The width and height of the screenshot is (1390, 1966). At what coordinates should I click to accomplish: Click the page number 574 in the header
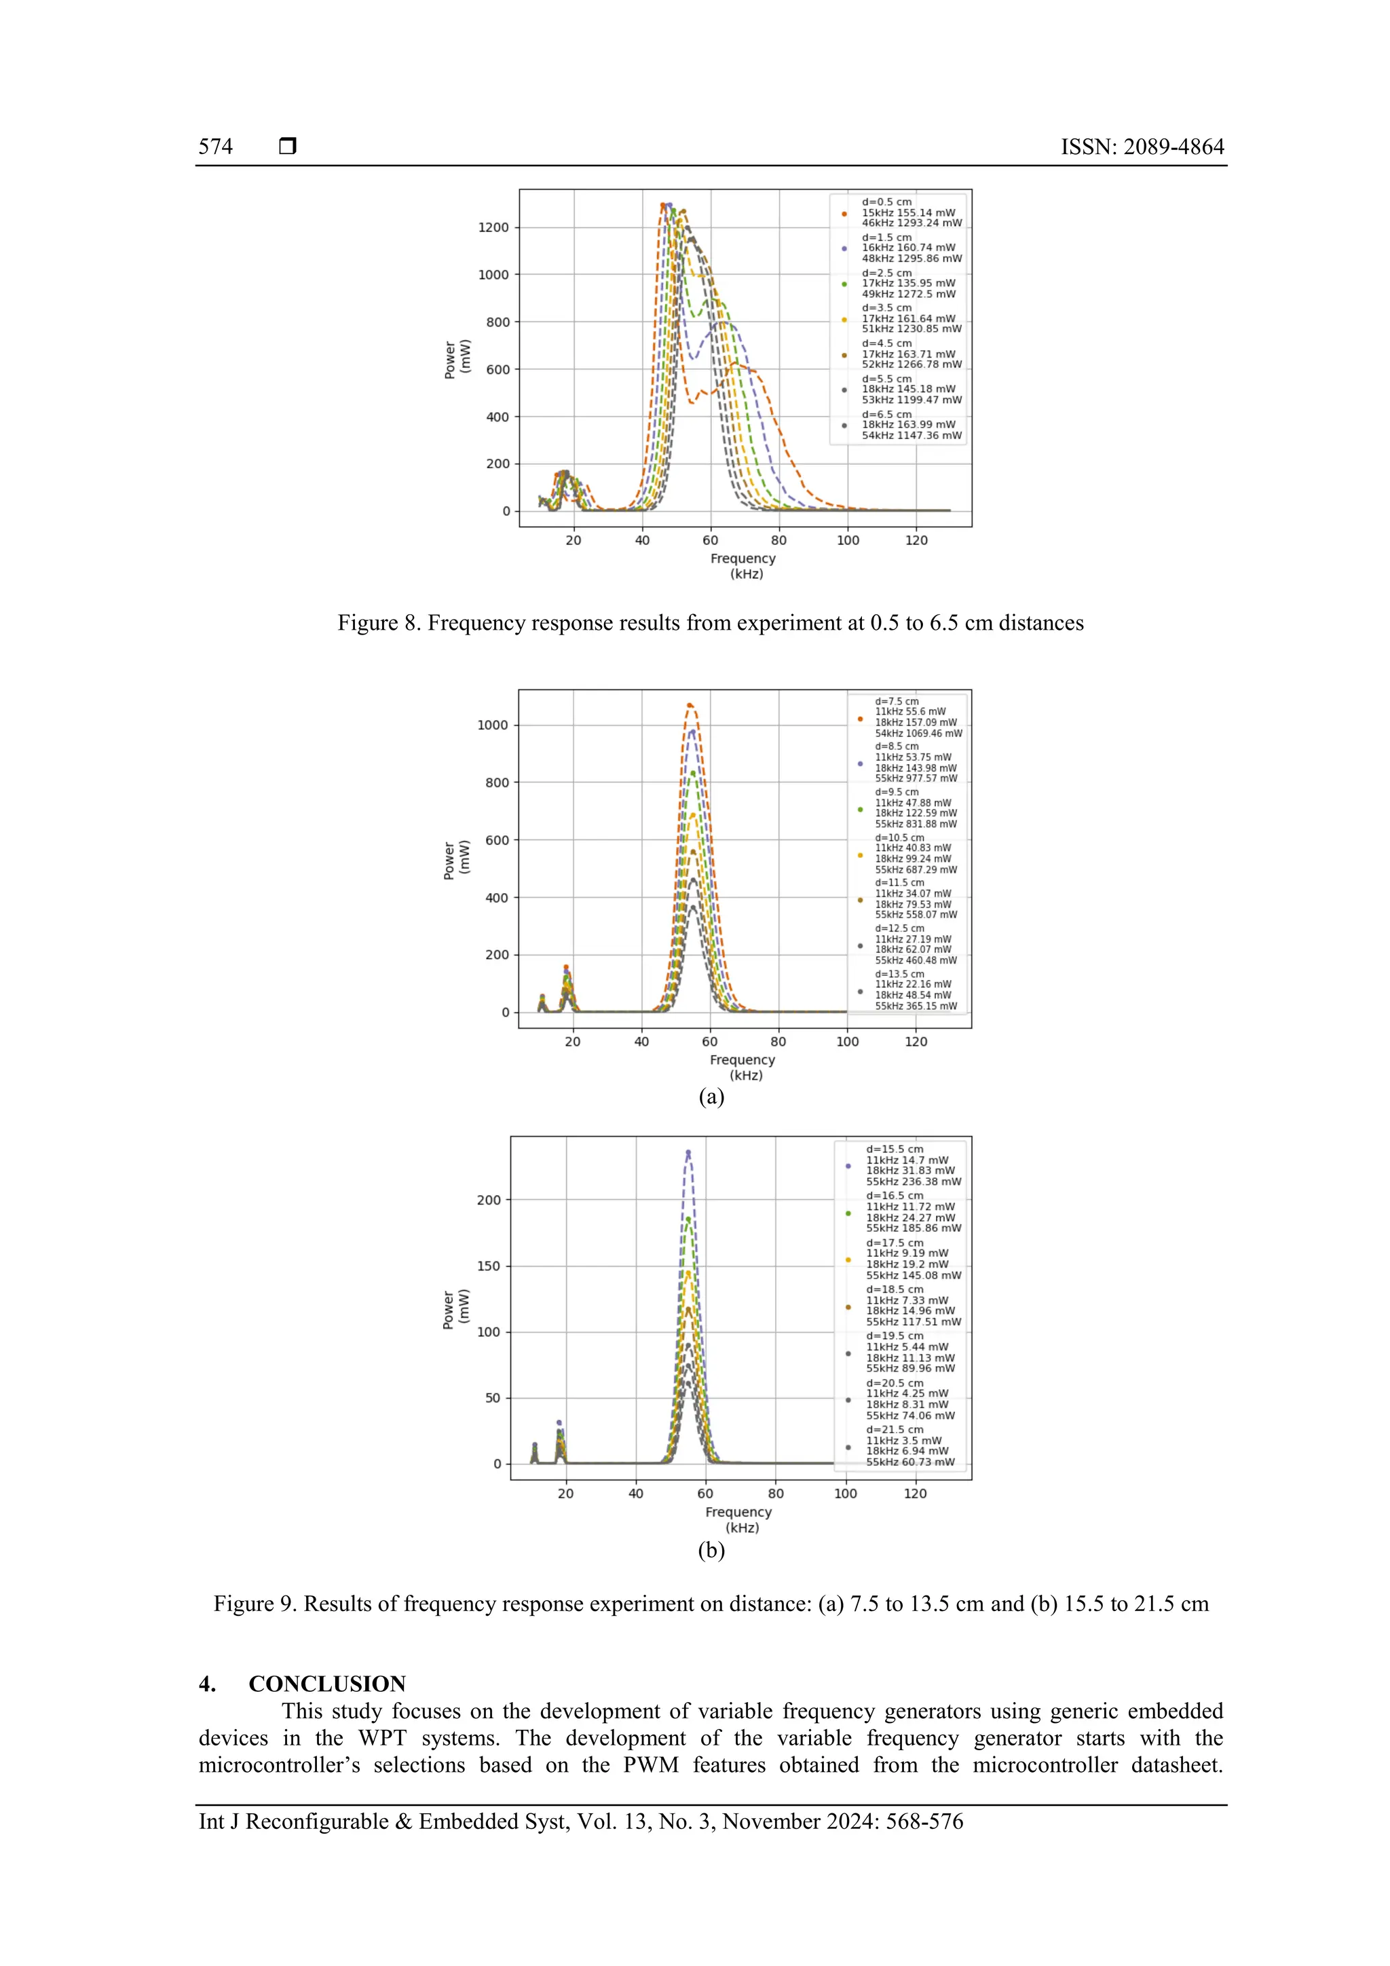tap(215, 147)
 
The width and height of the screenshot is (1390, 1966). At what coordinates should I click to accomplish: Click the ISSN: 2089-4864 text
tap(1142, 147)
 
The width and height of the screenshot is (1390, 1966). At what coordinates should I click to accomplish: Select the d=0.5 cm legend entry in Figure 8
tap(886, 202)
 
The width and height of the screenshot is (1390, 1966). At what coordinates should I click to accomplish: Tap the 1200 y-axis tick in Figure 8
tap(493, 228)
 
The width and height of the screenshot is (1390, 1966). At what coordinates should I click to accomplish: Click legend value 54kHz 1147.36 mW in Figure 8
tap(912, 436)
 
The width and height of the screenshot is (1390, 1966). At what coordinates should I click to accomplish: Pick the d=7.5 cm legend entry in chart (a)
tap(896, 701)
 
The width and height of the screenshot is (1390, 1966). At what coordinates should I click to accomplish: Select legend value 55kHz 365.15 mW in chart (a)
tap(916, 1006)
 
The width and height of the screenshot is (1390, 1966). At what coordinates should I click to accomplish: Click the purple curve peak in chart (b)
tap(688, 1152)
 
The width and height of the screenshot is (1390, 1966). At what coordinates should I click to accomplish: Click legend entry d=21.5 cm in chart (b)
tap(894, 1429)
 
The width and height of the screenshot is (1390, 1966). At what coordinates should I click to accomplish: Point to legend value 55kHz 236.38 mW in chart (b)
tap(913, 1182)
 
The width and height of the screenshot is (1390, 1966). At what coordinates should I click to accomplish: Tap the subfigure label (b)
tap(711, 1550)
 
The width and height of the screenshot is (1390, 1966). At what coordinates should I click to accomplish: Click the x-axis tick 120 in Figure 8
tap(916, 540)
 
